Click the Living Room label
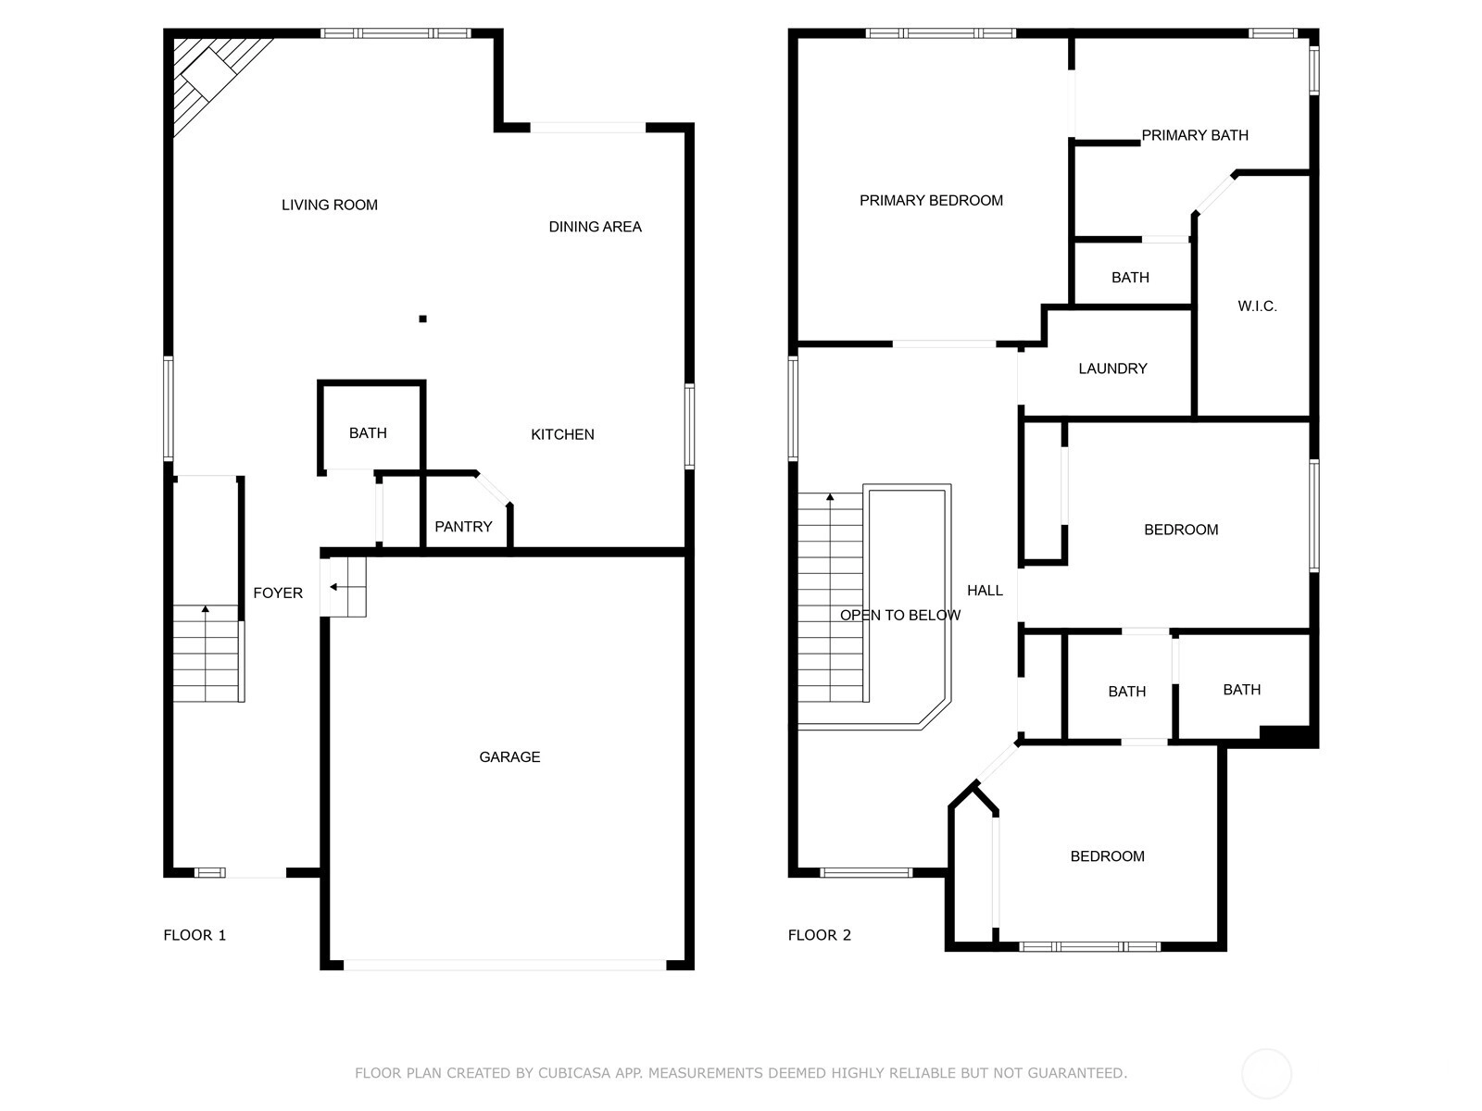point(330,205)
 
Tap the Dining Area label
point(595,227)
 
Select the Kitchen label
point(562,434)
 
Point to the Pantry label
point(463,526)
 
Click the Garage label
point(509,756)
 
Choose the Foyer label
point(278,593)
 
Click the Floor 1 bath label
point(368,433)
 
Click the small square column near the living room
point(422,319)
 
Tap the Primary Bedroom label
point(931,200)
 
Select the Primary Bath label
point(1195,135)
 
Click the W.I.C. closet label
point(1257,306)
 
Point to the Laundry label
point(1112,368)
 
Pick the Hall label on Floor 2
point(986,591)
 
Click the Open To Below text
point(900,615)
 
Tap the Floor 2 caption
point(820,935)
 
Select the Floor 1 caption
point(195,935)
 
